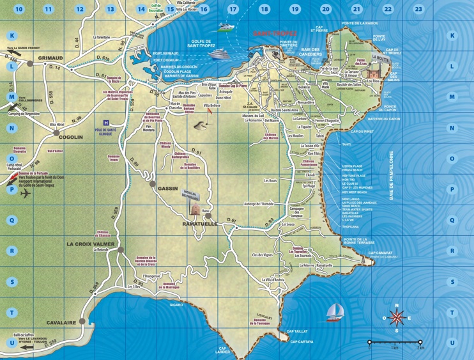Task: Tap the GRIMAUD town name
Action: pos(50,58)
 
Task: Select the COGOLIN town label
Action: pos(71,137)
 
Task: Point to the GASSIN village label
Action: pos(168,189)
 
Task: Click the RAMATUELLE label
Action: pos(201,224)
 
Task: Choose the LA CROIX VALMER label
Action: pos(91,244)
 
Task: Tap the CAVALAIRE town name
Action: pos(61,322)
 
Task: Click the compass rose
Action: pos(397,317)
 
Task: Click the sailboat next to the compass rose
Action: pos(335,312)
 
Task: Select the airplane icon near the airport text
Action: pos(26,194)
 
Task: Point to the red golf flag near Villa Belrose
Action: pos(208,111)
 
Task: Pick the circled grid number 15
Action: pos(171,10)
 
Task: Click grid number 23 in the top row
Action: pos(418,9)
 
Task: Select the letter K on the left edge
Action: pos(12,36)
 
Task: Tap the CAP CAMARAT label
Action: pos(383,253)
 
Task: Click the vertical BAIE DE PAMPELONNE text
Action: pos(391,176)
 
